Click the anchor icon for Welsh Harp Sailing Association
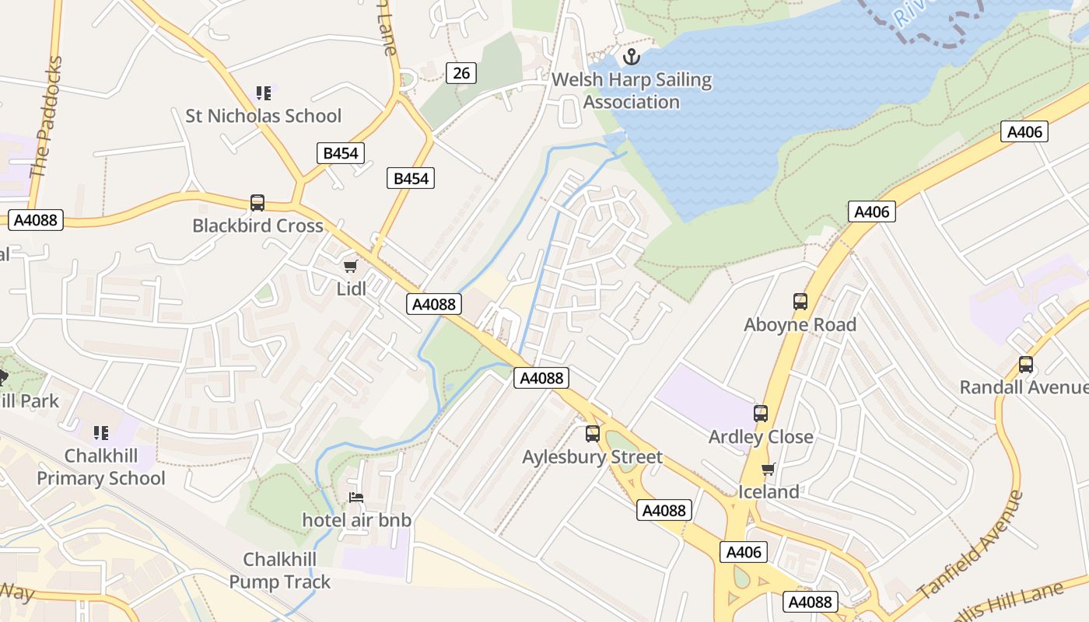point(632,57)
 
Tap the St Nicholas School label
point(263,116)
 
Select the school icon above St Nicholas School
point(264,93)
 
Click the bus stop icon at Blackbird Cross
point(257,203)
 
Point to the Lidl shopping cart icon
point(351,267)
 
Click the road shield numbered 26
point(461,73)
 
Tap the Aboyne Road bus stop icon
point(800,302)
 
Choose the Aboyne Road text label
point(800,324)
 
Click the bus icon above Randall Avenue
point(1026,364)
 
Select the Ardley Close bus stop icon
point(761,414)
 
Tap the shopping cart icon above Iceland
point(769,469)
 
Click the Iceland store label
point(769,491)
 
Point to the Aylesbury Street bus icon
point(593,434)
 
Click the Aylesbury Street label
point(592,456)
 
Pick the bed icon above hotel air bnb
point(356,498)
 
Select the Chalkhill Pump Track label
point(280,571)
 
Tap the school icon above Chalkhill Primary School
point(101,432)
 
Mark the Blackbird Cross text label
point(257,225)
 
